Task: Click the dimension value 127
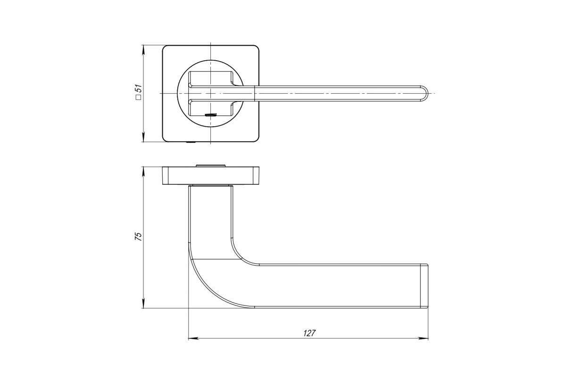[309, 333]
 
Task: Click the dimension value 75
[139, 236]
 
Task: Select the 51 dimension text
[139, 89]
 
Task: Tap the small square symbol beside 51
[139, 98]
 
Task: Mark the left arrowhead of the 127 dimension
[193, 338]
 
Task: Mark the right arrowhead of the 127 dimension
[424, 338]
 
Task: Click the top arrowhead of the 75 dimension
[143, 172]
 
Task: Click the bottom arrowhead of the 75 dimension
[143, 303]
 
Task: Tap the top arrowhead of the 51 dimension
[143, 50]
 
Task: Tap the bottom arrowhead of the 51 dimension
[143, 137]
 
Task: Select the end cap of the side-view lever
[424, 287]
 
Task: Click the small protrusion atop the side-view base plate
[211, 166]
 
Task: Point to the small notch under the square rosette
[191, 143]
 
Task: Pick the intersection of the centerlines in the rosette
[210, 93]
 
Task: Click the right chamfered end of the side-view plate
[256, 175]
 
